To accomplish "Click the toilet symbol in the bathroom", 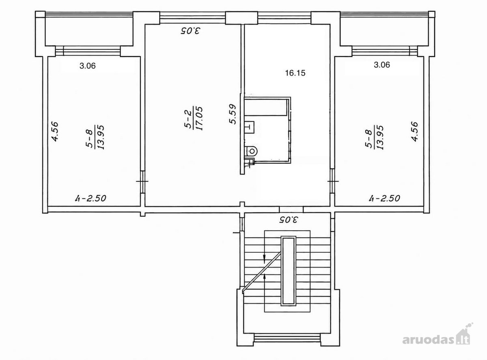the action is (250, 151).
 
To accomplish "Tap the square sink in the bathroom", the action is (250, 127).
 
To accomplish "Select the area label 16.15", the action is (295, 73).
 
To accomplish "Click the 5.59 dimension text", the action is (232, 114).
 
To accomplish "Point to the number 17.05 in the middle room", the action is (199, 119).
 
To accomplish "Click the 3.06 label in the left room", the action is (87, 66).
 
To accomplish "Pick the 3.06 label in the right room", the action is (382, 65).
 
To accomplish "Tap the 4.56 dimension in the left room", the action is (55, 131).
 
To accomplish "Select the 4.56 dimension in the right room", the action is (414, 132).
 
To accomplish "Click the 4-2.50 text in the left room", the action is (91, 198).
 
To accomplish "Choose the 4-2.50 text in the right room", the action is (384, 198).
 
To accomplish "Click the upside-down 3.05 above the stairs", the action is (289, 220).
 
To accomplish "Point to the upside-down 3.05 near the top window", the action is (190, 30).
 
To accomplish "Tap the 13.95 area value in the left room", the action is (101, 137).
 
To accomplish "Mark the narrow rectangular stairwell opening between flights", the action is (288, 271).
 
